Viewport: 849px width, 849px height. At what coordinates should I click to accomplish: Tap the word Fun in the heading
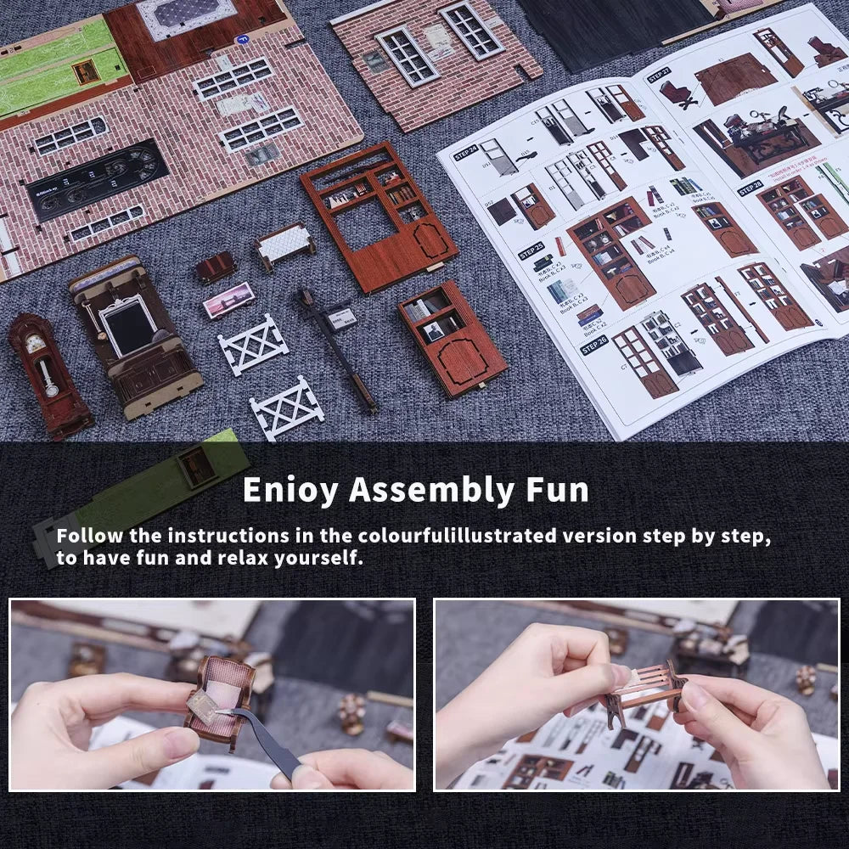(556, 491)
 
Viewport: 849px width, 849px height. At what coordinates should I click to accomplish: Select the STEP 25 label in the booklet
(531, 251)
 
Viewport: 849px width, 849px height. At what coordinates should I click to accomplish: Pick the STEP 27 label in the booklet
(658, 75)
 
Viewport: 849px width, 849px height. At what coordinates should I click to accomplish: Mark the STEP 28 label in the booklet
(750, 188)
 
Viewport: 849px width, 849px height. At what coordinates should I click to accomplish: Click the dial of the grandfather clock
(34, 343)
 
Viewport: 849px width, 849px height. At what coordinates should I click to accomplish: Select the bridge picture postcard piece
(228, 300)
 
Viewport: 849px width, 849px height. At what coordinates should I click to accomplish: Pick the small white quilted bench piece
(284, 244)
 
